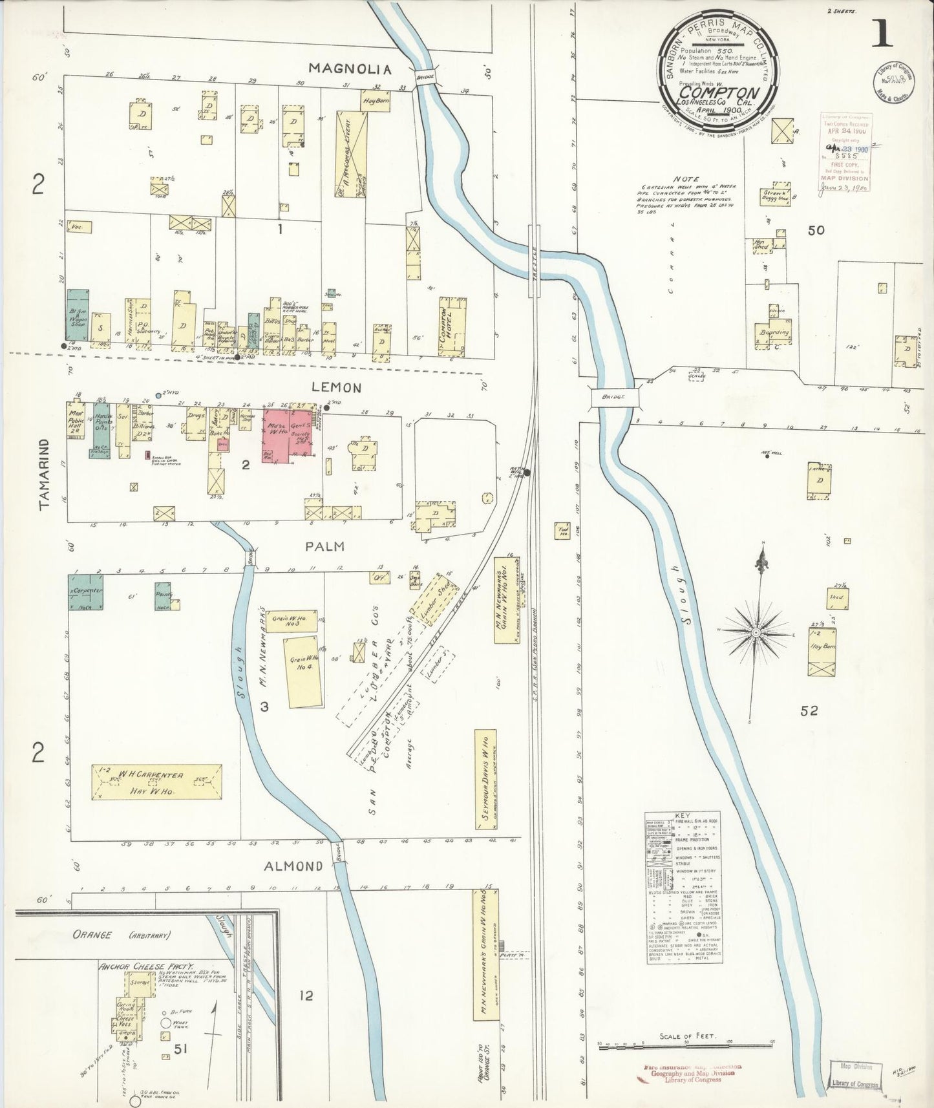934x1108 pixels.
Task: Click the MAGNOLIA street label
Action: click(350, 69)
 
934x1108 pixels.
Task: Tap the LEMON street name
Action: click(336, 387)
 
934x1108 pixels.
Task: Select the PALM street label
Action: click(324, 546)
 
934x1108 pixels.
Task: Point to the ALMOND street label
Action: click(293, 866)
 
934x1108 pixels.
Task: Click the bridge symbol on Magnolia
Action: click(425, 76)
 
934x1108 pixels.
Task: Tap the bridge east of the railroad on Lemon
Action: click(615, 397)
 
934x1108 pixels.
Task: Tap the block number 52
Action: click(809, 711)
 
